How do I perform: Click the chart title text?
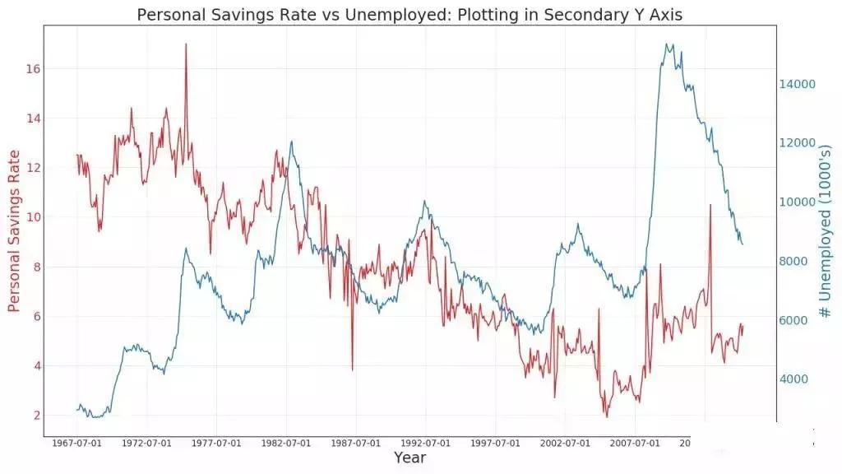click(409, 15)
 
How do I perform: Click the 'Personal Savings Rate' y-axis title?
click(14, 231)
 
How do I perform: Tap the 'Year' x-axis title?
click(409, 458)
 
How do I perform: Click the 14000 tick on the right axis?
click(797, 84)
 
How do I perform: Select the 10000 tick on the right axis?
click(797, 202)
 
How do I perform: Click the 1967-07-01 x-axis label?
click(76, 444)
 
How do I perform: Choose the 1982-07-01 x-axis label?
click(286, 444)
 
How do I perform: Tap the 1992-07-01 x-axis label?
click(426, 444)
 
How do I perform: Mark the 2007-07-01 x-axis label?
click(635, 444)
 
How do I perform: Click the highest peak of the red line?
click(186, 44)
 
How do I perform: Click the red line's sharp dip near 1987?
click(352, 369)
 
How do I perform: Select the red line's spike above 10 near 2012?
click(710, 205)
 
